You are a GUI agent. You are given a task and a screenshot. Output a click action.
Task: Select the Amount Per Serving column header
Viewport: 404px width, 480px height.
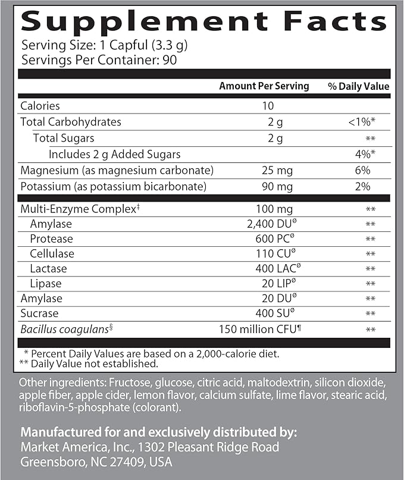tap(264, 86)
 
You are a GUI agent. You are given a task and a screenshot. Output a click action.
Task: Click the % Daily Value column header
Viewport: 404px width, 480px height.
tap(359, 86)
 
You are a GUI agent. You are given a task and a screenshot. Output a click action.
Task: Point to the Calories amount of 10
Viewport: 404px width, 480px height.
tap(267, 106)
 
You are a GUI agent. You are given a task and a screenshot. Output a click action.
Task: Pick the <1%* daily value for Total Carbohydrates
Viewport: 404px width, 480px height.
tap(361, 122)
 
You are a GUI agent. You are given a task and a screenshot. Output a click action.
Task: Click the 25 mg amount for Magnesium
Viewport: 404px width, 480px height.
tap(267, 171)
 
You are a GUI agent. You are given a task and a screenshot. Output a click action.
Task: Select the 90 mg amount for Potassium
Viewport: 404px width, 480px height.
tap(267, 187)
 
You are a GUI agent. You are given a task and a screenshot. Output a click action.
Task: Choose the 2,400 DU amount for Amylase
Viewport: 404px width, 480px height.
tap(267, 224)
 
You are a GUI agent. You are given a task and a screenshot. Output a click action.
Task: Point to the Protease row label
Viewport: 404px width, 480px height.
tap(51, 239)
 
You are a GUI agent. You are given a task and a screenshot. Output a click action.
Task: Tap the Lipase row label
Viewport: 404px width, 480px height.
tap(46, 284)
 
